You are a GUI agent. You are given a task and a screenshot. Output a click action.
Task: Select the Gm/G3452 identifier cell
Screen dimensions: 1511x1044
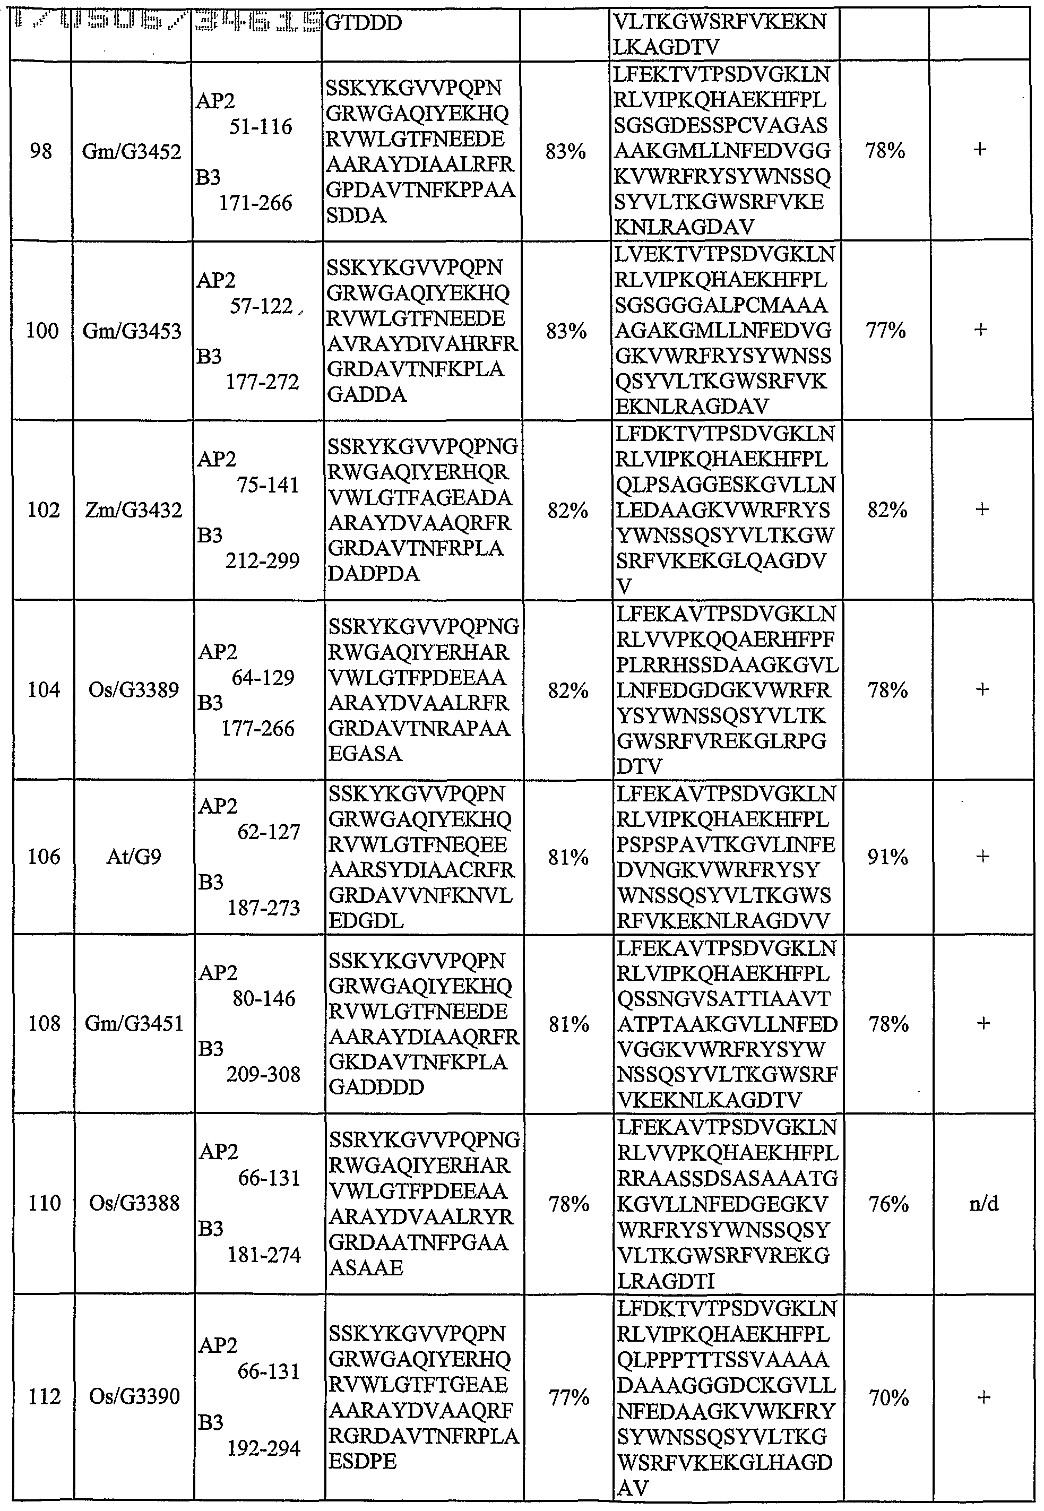click(x=132, y=152)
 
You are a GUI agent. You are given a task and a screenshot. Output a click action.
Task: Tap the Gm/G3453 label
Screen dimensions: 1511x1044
click(x=132, y=331)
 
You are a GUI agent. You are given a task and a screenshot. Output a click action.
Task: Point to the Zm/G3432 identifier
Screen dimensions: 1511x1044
click(x=133, y=510)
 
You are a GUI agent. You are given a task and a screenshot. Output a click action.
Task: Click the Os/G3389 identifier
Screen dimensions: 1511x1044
click(x=133, y=689)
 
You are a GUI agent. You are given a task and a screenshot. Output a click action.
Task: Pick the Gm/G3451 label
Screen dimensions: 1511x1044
click(x=134, y=1023)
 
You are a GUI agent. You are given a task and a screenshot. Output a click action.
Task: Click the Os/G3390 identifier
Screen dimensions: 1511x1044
click(x=134, y=1396)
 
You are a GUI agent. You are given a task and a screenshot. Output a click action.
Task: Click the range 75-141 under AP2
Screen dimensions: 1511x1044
click(x=268, y=485)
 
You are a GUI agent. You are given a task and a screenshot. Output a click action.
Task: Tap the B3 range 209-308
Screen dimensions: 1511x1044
click(x=264, y=1074)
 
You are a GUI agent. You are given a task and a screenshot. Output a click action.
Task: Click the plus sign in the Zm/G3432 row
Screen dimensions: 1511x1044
click(x=982, y=510)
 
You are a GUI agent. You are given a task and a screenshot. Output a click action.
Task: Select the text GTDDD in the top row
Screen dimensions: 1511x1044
click(x=363, y=23)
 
